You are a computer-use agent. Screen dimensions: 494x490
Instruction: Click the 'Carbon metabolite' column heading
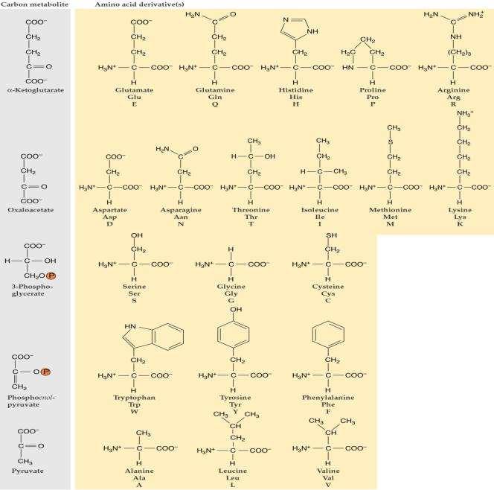click(x=34, y=4)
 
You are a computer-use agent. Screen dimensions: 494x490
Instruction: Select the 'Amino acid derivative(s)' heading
click(x=140, y=4)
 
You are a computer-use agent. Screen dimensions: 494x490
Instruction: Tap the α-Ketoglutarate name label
click(x=36, y=90)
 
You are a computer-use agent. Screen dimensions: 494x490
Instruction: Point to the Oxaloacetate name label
click(x=31, y=210)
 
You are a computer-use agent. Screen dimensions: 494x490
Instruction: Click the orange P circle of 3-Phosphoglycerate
click(x=51, y=276)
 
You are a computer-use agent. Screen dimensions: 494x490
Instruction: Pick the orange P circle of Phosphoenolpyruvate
click(x=45, y=372)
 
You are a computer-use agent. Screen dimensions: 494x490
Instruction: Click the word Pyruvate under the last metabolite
click(x=28, y=471)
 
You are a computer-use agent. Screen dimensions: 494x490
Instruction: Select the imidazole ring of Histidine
click(x=295, y=29)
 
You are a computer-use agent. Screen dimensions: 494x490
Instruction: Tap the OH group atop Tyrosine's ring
click(x=236, y=310)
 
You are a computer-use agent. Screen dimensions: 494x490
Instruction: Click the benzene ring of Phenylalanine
click(x=328, y=334)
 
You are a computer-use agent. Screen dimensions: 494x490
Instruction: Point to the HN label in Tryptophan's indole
click(x=130, y=326)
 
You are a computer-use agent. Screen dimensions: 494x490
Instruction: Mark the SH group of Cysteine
click(x=331, y=235)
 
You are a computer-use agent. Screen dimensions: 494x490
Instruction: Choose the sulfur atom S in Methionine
click(x=391, y=142)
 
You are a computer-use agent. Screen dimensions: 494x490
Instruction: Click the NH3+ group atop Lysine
click(x=465, y=113)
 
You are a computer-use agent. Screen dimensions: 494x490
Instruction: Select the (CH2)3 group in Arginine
click(x=459, y=52)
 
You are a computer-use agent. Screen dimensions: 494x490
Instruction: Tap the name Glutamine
click(x=215, y=90)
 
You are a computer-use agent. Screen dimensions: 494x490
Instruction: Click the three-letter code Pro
click(x=373, y=97)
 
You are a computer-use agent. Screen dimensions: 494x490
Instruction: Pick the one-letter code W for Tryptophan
click(x=135, y=412)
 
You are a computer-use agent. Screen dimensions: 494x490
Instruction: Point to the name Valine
click(x=328, y=471)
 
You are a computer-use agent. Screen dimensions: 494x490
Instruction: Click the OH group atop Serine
click(x=137, y=235)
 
